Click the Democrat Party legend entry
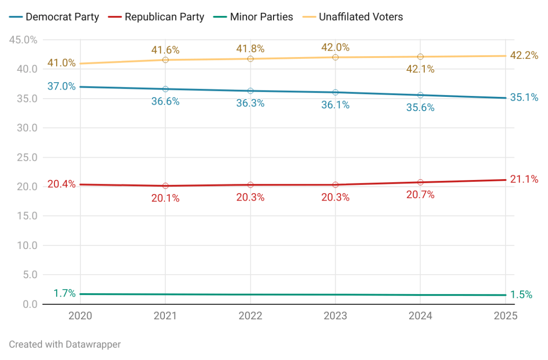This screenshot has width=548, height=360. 55,17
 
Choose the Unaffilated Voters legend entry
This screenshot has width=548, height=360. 353,17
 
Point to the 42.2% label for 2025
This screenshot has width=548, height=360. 524,55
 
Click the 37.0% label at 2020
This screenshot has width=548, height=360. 61,86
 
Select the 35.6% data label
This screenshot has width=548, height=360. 420,108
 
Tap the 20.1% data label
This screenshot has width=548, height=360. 165,199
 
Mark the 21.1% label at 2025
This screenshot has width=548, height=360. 524,179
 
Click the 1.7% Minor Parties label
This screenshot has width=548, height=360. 64,293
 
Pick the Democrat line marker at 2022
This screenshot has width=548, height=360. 250,91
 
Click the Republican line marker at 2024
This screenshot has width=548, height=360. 420,182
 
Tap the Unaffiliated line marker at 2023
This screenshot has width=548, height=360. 335,57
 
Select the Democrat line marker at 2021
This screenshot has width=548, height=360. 165,89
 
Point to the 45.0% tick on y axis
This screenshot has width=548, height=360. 23,40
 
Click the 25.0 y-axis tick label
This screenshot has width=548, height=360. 26,157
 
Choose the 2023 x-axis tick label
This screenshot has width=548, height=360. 335,316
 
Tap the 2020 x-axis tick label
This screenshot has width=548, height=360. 80,316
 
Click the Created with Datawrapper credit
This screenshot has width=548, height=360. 65,344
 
